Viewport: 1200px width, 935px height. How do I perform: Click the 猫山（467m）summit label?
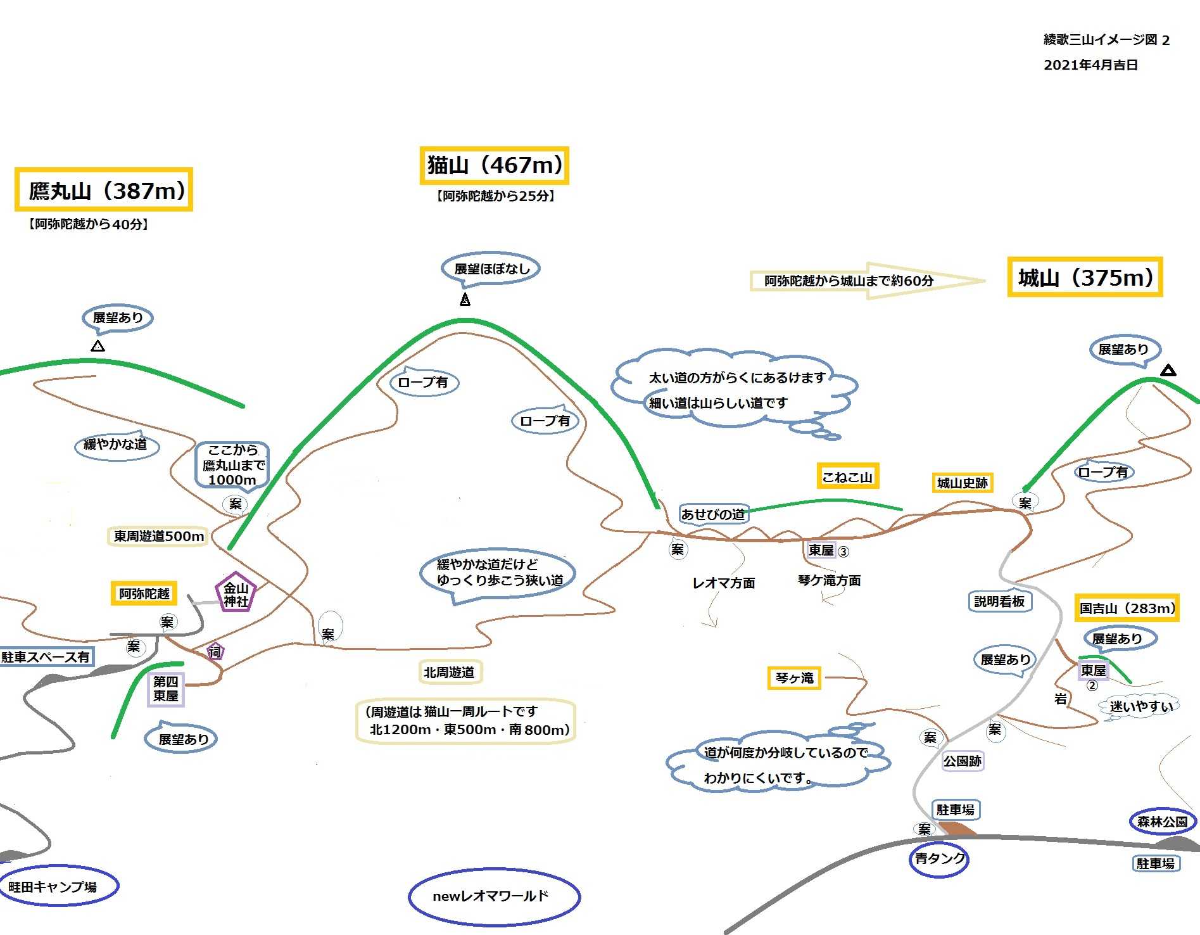pos(494,165)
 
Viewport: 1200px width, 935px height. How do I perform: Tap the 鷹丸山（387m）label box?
pos(104,189)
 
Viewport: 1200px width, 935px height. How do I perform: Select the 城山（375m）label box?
pos(1085,277)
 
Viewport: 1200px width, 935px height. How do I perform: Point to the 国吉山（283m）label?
pos(1127,608)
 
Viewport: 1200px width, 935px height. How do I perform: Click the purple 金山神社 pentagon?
pos(236,594)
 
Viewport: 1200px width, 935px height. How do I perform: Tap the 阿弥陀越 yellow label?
pos(144,594)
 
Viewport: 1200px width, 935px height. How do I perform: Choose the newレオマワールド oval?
pos(494,896)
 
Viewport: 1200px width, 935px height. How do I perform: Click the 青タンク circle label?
pos(939,859)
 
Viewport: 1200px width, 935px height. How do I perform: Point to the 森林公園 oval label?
pos(1162,822)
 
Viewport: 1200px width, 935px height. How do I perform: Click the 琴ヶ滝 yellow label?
pos(794,678)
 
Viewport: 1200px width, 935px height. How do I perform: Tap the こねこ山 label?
pos(847,476)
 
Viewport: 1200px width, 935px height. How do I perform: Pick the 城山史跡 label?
pos(962,483)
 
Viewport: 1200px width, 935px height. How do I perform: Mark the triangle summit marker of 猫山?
pos(465,300)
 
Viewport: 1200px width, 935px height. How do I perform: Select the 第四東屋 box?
pos(166,689)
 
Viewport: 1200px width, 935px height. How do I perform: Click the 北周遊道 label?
pos(450,672)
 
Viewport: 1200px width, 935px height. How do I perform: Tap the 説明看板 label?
pos(999,601)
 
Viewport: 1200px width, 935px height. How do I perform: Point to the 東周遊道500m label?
pos(158,536)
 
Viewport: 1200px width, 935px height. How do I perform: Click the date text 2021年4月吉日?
pos(1090,65)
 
